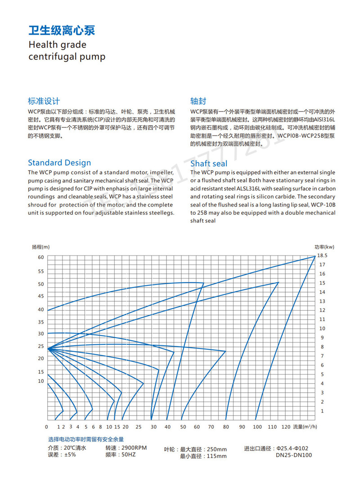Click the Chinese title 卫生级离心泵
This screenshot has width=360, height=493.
coord(62,31)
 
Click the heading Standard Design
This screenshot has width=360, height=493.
coord(59,163)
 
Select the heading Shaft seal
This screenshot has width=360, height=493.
coord(209,163)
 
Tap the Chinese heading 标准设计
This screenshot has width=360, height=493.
coord(44,101)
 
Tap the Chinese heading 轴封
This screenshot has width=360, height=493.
coord(198,101)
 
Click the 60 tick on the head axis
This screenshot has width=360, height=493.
coord(41,257)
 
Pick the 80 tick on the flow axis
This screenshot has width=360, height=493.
coord(226,426)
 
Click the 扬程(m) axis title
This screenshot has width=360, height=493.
coord(41,247)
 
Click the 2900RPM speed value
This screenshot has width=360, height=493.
coord(133,448)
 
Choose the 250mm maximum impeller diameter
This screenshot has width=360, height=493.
coord(216,449)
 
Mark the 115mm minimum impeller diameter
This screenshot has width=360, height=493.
coord(216,456)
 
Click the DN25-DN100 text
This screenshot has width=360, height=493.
coord(294,455)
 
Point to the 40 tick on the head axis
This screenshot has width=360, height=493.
coord(41,310)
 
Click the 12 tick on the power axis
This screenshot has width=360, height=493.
coord(322,310)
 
